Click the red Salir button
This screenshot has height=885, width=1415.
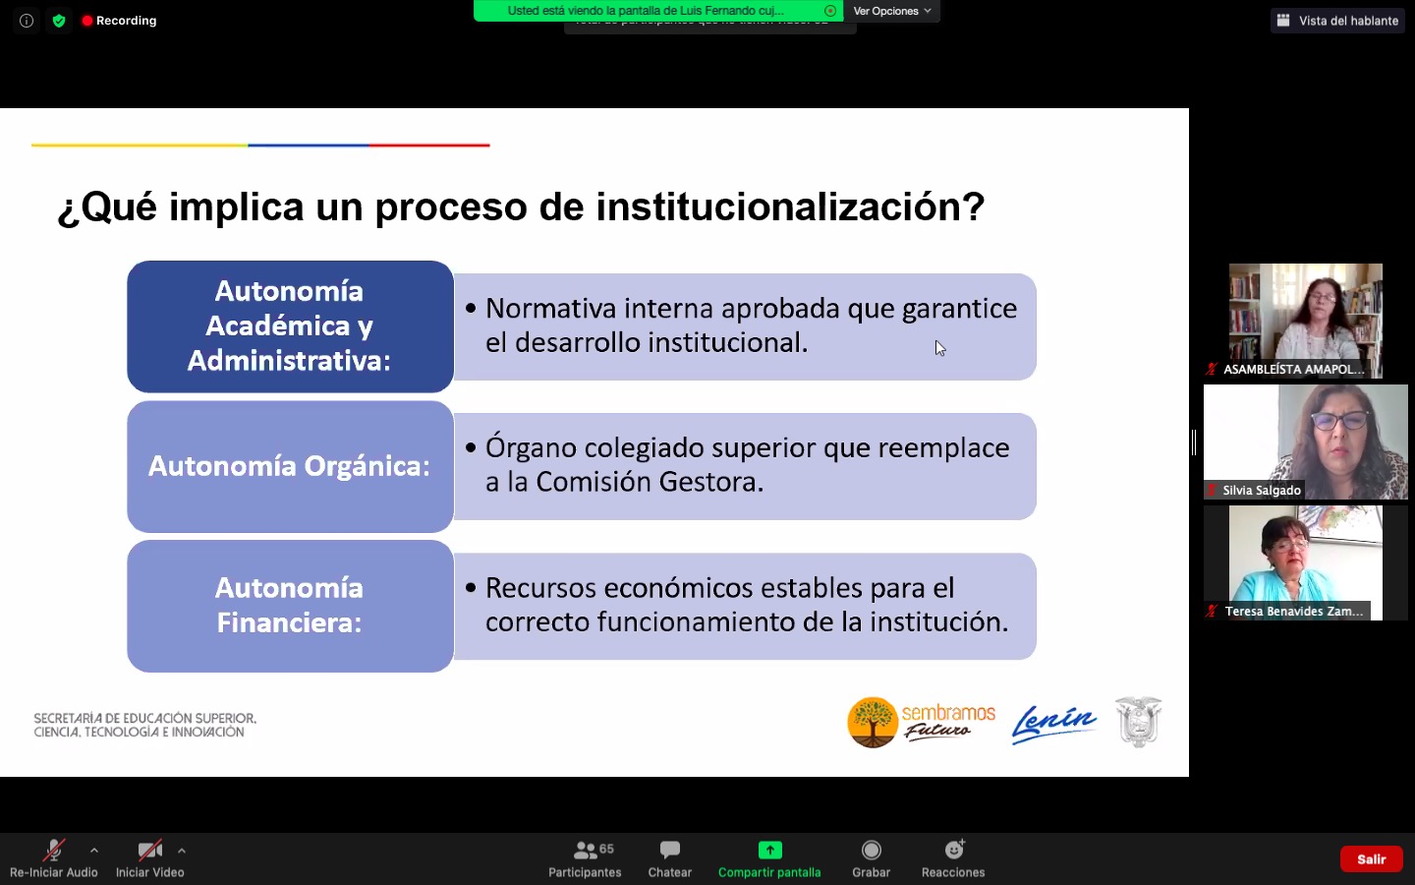click(x=1371, y=859)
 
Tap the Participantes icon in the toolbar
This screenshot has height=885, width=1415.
click(x=585, y=851)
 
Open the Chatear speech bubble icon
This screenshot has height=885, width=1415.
click(x=669, y=850)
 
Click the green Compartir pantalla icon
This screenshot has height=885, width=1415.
click(x=769, y=851)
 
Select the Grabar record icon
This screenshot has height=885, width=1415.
click(x=871, y=851)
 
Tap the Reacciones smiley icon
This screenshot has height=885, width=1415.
click(x=954, y=850)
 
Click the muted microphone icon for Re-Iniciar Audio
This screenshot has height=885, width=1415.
click(x=54, y=851)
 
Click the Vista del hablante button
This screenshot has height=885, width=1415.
click(x=1337, y=21)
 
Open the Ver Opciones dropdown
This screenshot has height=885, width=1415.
click(x=891, y=11)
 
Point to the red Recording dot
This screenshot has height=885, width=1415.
click(x=87, y=21)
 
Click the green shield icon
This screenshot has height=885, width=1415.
click(x=59, y=21)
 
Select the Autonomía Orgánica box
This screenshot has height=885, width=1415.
click(x=290, y=466)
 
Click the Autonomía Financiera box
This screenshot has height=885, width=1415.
click(x=290, y=606)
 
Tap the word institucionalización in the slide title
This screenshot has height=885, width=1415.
click(x=790, y=206)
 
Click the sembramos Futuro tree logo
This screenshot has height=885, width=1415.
click(x=873, y=722)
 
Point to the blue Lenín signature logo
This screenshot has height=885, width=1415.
click(x=1053, y=724)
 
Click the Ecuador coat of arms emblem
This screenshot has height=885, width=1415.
click(x=1138, y=722)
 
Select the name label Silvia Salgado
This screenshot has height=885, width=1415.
click(x=1261, y=490)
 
